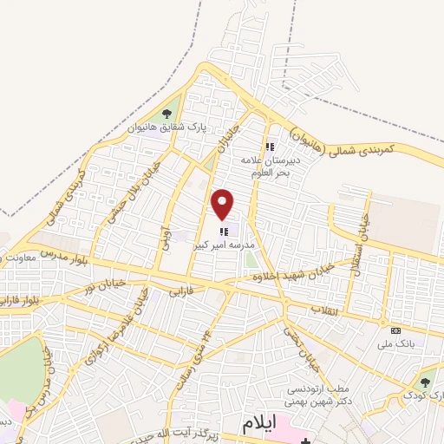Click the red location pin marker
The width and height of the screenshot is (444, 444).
[224, 204]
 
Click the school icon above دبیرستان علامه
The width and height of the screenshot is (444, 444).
[270, 147]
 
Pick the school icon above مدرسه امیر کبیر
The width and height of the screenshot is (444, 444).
[224, 231]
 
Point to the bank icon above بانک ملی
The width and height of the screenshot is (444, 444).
[395, 330]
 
